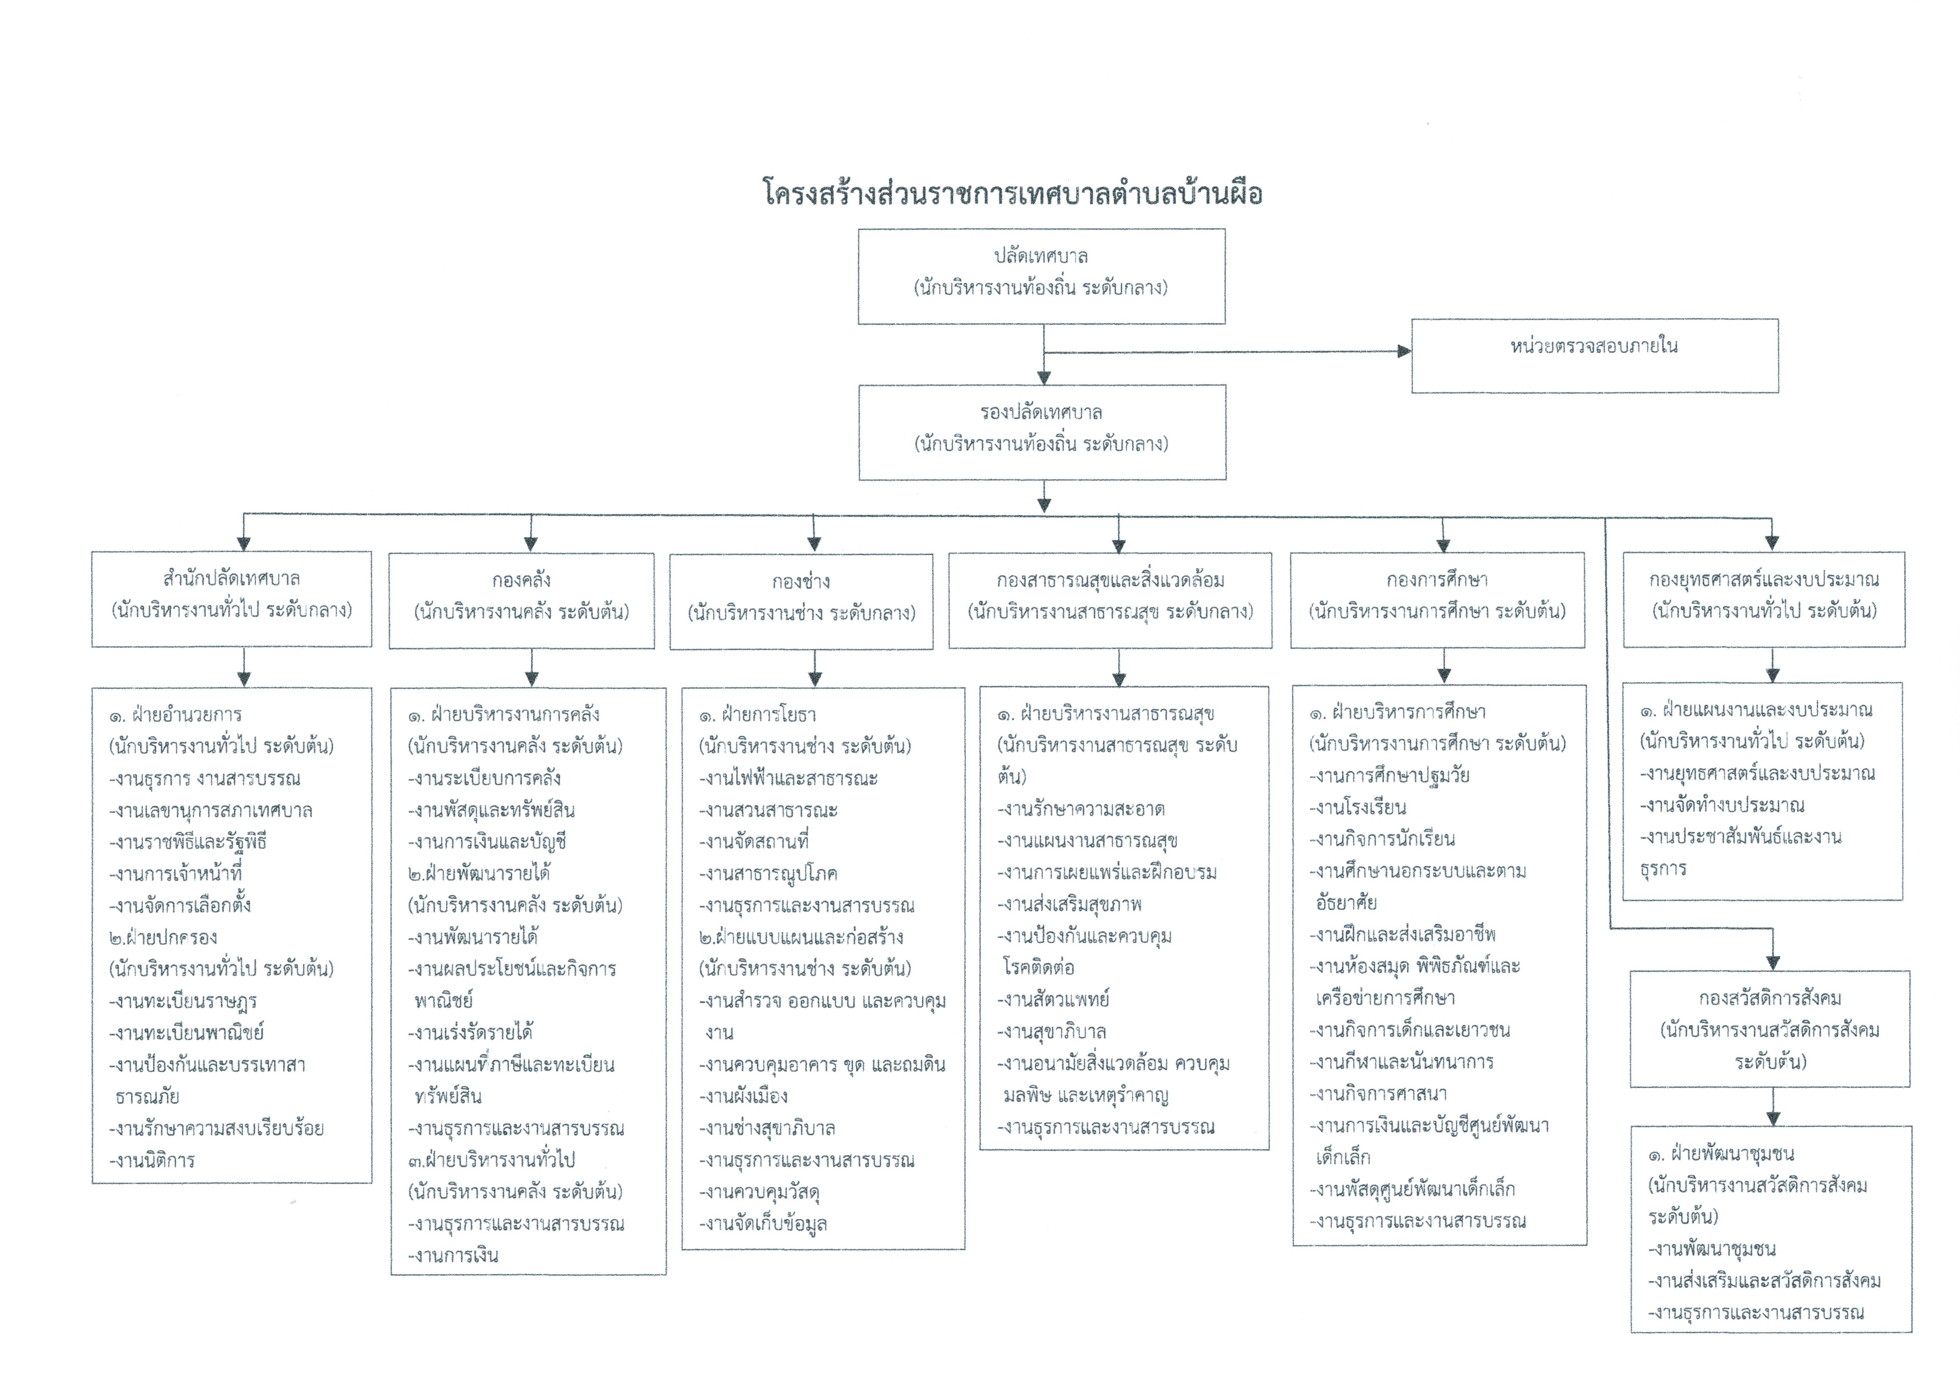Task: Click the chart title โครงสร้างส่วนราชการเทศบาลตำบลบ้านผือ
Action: [1012, 194]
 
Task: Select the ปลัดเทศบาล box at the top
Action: [1041, 276]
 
